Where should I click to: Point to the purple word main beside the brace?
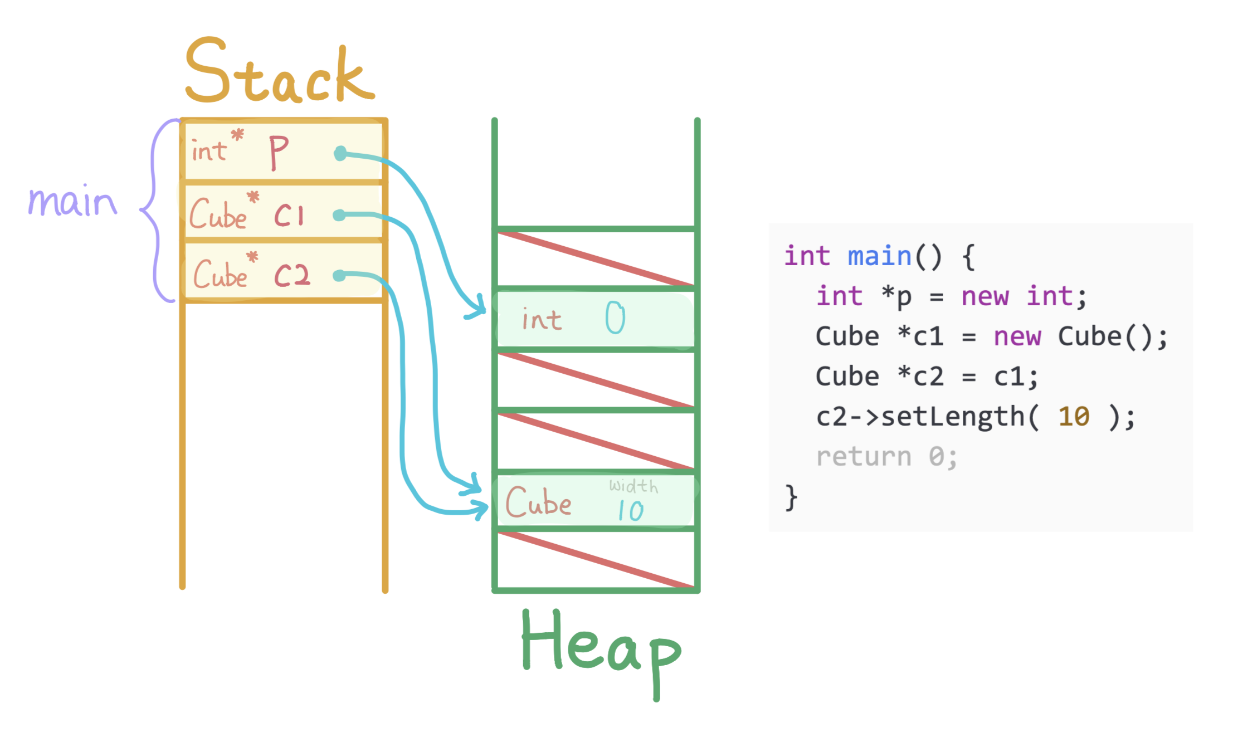[x=72, y=202]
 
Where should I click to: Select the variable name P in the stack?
[x=279, y=152]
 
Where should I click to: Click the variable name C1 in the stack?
[x=289, y=214]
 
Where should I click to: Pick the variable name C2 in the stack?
[x=291, y=275]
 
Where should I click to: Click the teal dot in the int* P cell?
[x=340, y=153]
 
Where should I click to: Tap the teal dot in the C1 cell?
[x=339, y=215]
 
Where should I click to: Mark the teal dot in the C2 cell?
[x=339, y=275]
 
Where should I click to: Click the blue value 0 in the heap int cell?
[x=615, y=318]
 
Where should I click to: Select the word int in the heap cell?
[x=541, y=320]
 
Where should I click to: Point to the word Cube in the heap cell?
[x=538, y=502]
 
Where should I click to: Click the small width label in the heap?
[x=633, y=486]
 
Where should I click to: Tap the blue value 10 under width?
[x=631, y=510]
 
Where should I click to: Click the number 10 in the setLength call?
[x=1074, y=417]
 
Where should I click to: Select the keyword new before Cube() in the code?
[x=1017, y=336]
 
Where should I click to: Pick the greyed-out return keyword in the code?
[x=864, y=457]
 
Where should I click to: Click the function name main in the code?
[x=879, y=256]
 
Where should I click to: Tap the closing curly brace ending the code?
[x=791, y=497]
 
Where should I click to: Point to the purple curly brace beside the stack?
[x=155, y=211]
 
